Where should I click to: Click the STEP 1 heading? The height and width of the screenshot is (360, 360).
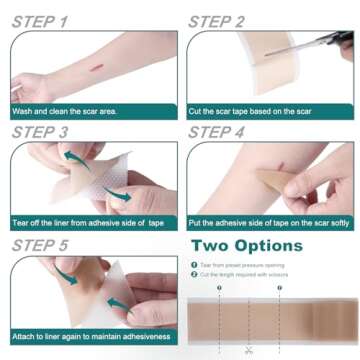coord(53,20)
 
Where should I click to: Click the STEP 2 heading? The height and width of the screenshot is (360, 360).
coord(231,20)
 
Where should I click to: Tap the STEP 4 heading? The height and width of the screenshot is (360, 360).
coord(232,131)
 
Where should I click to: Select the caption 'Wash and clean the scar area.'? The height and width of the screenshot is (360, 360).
coord(64,111)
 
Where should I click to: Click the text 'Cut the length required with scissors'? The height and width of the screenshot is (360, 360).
coord(245,274)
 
